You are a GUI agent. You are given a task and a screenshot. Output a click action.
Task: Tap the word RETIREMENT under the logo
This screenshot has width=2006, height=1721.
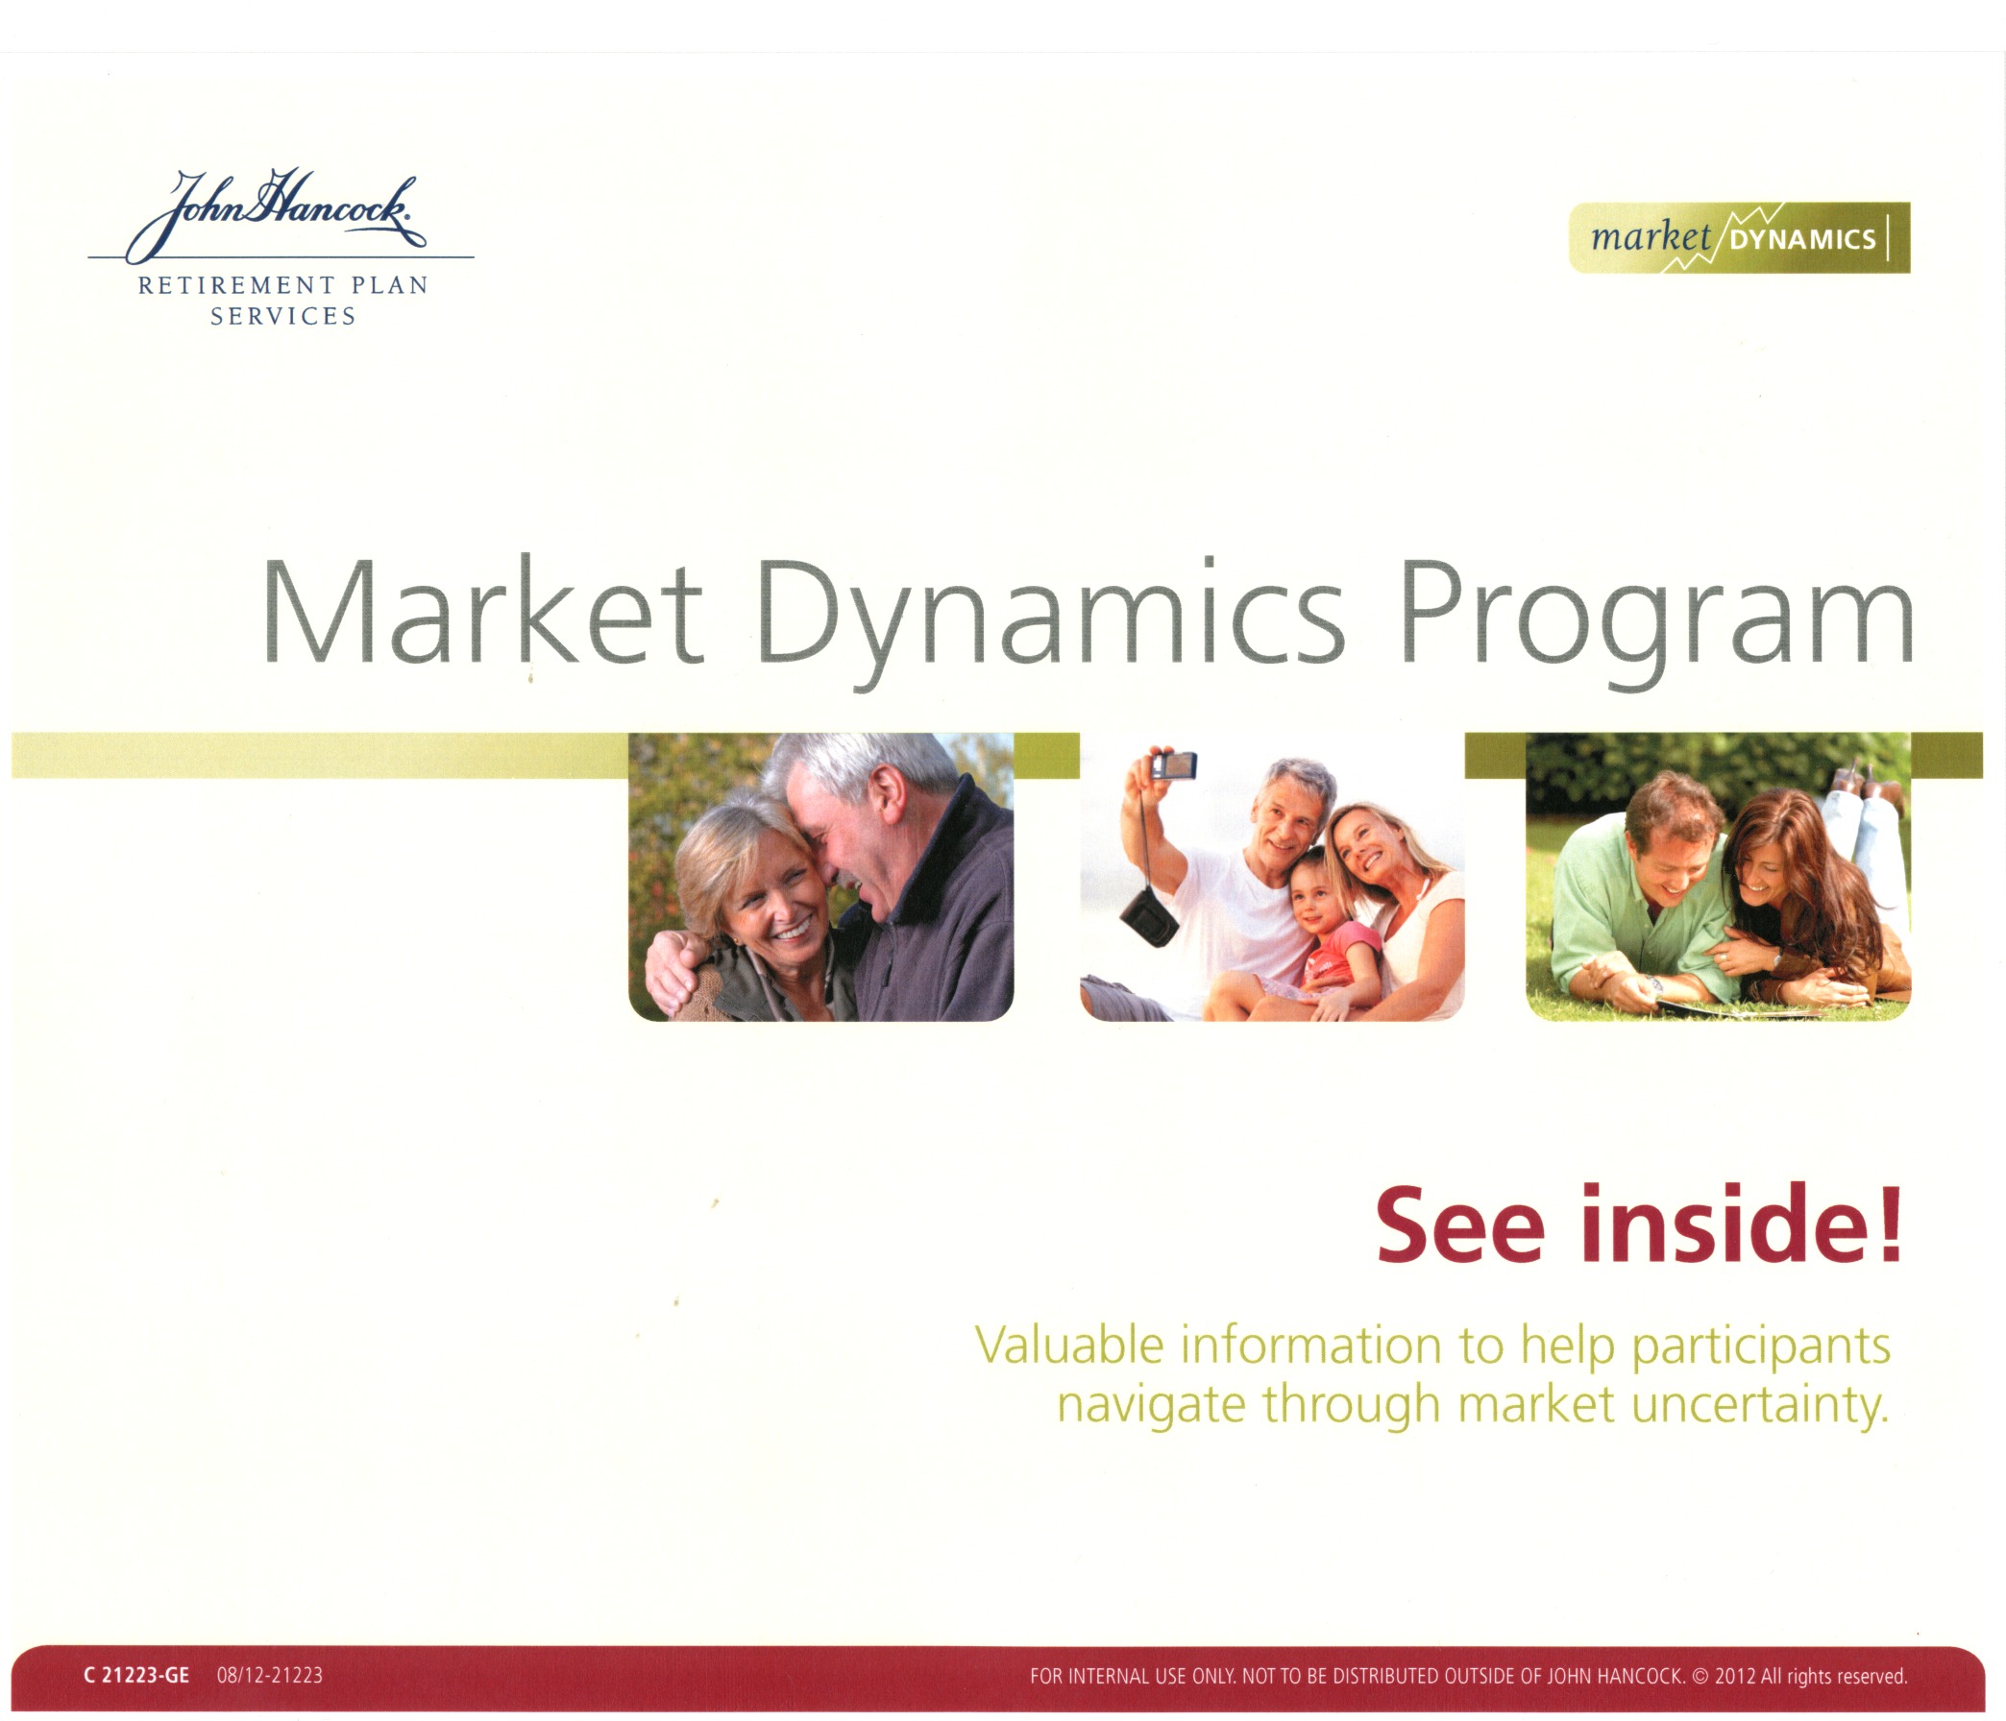point(235,285)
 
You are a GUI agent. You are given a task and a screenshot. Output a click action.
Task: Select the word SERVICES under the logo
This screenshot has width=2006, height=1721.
point(282,317)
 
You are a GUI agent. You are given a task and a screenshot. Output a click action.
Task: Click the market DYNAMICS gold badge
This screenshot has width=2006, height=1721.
point(1739,237)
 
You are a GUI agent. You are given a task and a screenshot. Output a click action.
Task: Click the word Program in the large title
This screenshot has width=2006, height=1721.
point(1656,620)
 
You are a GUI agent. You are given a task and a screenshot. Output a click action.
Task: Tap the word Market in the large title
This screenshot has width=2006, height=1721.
point(482,612)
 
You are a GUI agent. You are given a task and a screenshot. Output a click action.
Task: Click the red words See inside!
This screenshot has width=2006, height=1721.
point(1639,1224)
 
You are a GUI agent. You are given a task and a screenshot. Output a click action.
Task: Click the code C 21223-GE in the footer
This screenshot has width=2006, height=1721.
point(136,1676)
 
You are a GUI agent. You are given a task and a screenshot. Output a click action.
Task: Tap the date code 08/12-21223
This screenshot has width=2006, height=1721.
point(270,1676)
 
